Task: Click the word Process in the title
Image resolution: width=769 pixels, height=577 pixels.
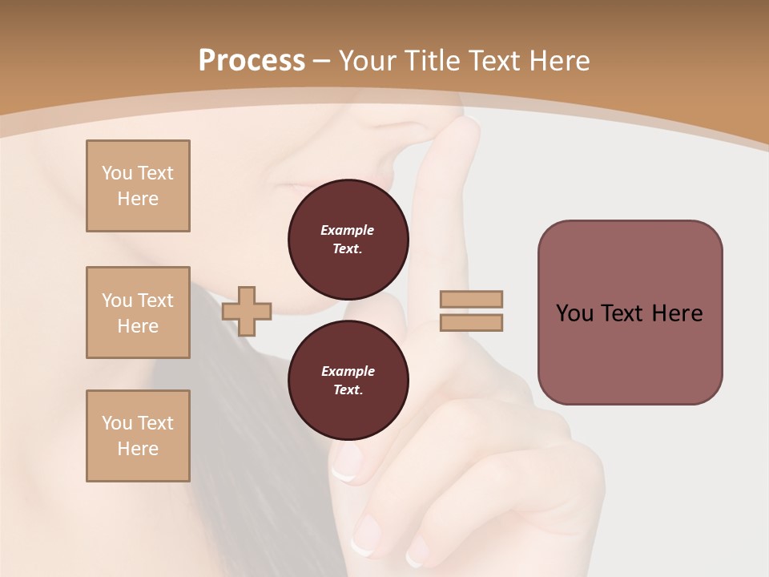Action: pyautogui.click(x=252, y=61)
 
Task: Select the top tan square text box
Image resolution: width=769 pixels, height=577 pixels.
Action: pyautogui.click(x=138, y=186)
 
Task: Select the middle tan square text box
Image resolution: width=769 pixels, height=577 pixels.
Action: pyautogui.click(x=138, y=313)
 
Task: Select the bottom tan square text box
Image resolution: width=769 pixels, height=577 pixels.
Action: pyautogui.click(x=138, y=436)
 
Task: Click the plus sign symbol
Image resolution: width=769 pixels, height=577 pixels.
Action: pyautogui.click(x=247, y=311)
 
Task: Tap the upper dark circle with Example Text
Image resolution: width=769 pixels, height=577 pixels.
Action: pyautogui.click(x=348, y=239)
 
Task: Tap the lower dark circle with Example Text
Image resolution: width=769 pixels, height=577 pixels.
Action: pyautogui.click(x=348, y=380)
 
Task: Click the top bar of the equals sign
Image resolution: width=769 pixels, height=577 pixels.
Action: pyautogui.click(x=471, y=300)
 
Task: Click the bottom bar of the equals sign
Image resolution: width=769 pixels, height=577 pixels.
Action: pyautogui.click(x=471, y=322)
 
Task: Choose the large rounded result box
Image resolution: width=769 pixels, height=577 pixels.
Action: pyautogui.click(x=630, y=313)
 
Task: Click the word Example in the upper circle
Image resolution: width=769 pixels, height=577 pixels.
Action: pyautogui.click(x=348, y=230)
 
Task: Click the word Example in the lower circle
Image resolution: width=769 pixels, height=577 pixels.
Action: pyautogui.click(x=348, y=371)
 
